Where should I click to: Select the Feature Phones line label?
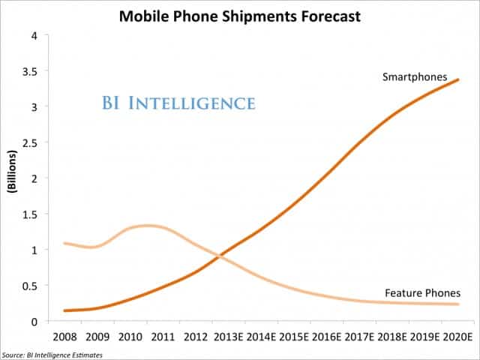click(421, 293)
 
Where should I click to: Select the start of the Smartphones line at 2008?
click(65, 310)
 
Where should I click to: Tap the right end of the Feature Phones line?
click(459, 304)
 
